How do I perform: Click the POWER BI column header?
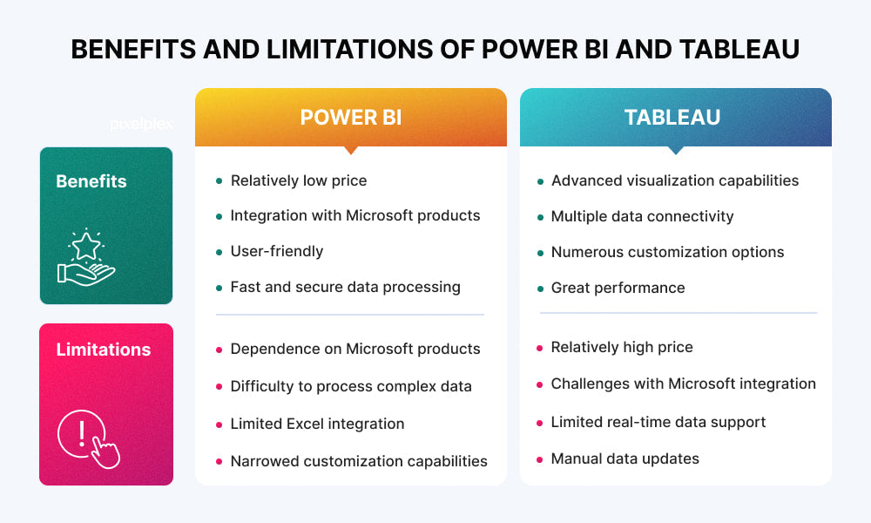350,118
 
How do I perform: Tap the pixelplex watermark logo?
141,124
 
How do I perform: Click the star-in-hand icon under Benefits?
86,258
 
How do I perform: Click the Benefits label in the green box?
91,181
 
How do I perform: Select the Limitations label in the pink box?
104,350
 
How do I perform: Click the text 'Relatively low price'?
298,180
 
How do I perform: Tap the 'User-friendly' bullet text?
276,251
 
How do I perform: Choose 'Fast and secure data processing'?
345,287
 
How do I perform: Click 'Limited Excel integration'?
317,424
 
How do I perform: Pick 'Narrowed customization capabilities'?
358,461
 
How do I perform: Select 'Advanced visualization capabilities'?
674,180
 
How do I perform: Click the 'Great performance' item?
618,288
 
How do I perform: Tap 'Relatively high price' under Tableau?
622,347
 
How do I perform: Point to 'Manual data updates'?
625,458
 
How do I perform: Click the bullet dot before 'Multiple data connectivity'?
540,217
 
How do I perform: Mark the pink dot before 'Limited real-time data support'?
540,423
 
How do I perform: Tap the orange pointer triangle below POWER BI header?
350,150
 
